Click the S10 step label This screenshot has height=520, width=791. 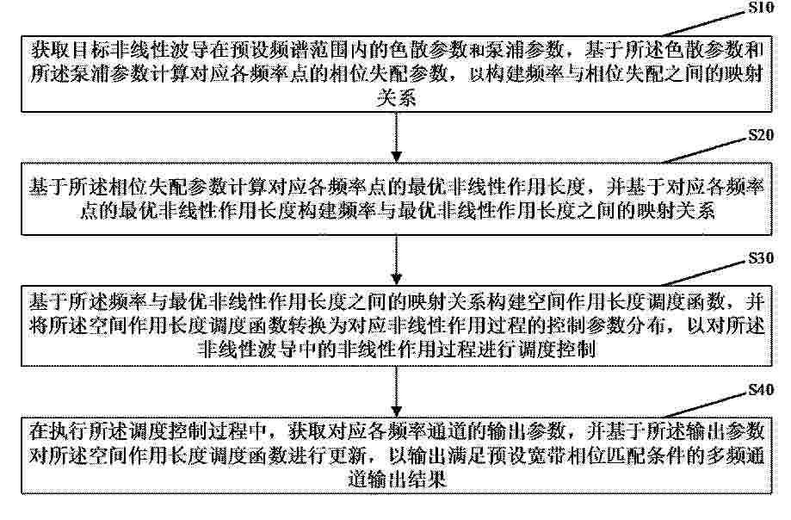click(760, 7)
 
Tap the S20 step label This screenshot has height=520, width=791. click(760, 135)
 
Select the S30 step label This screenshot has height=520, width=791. click(760, 258)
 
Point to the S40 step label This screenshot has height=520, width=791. click(760, 390)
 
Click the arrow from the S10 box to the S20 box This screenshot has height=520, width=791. click(397, 137)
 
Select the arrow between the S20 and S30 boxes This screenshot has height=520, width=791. click(397, 260)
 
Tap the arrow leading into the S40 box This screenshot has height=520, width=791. click(397, 392)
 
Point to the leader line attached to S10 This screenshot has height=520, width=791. click(704, 24)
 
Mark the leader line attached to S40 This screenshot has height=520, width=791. click(704, 405)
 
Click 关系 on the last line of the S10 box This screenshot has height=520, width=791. click(397, 98)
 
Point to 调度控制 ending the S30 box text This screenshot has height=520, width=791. click(558, 350)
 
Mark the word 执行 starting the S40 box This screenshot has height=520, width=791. click(69, 431)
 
